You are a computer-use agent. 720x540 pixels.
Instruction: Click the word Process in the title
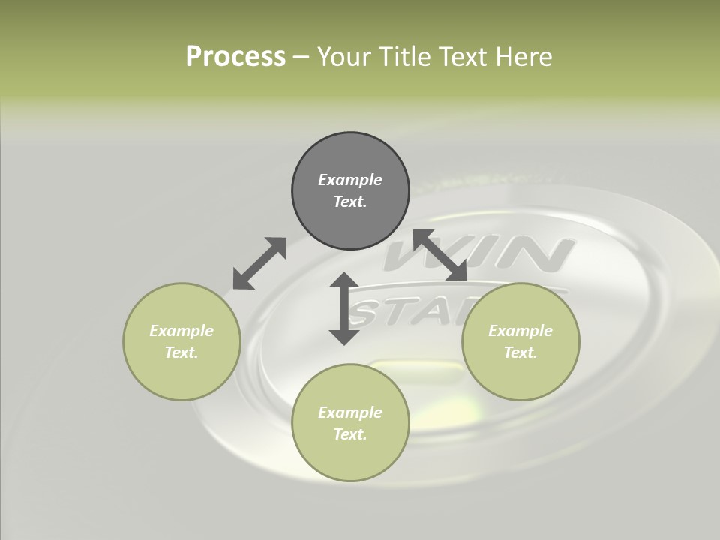235,56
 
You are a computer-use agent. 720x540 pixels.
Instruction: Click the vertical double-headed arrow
344,308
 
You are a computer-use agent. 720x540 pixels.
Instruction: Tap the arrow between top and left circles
259,263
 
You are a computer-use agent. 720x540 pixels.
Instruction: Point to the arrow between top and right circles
439,255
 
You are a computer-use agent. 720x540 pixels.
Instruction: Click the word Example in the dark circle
350,180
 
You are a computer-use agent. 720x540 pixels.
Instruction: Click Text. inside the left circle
181,352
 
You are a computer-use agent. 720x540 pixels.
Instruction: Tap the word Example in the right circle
520,331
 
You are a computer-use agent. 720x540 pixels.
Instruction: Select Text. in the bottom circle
350,434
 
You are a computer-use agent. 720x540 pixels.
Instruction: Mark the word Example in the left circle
181,331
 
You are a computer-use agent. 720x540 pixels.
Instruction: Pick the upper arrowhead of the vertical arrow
344,282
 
